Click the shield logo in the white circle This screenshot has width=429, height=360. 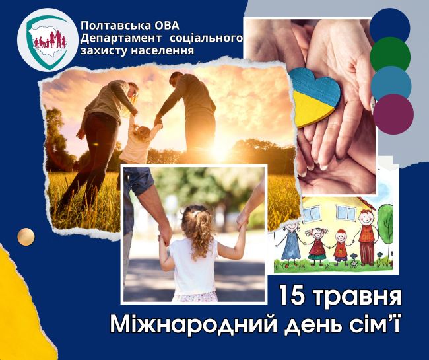(x=48, y=42)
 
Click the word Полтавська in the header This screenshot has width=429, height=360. (x=116, y=26)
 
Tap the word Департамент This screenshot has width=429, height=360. (x=121, y=38)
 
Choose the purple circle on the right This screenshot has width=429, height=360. (x=393, y=114)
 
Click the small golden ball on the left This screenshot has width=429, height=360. (x=26, y=236)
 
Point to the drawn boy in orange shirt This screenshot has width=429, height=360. (x=341, y=246)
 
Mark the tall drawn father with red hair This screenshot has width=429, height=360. (x=366, y=236)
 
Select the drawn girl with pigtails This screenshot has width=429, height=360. (x=317, y=246)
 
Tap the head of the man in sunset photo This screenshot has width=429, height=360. (x=176, y=78)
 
